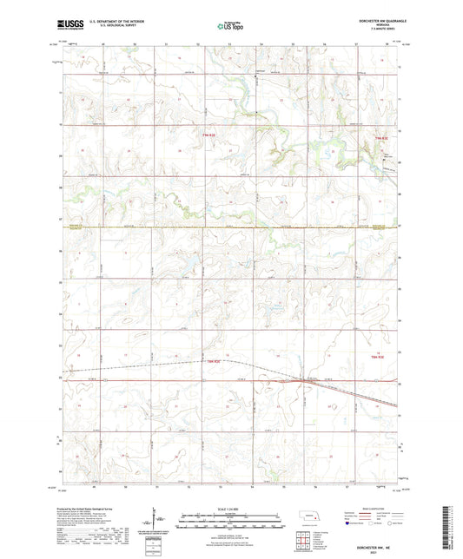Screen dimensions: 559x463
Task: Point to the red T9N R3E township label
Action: pyautogui.click(x=380, y=138)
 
